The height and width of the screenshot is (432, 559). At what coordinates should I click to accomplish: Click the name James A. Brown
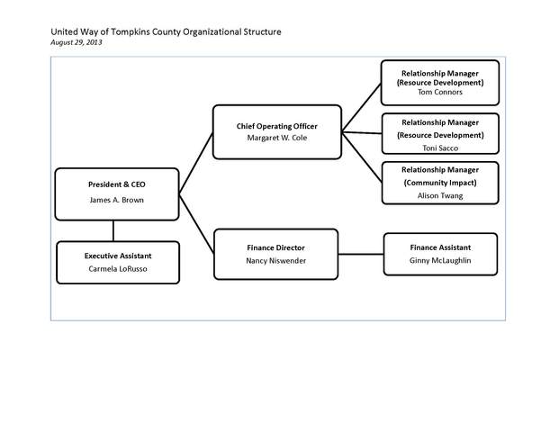coord(117,200)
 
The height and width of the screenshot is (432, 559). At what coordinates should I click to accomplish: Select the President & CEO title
coord(117,184)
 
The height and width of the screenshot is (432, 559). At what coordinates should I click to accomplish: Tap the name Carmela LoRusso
coord(117,269)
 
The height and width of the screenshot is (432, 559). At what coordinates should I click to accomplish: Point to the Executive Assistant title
coord(117,256)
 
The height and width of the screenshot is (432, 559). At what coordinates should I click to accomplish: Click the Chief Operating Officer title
coord(276,125)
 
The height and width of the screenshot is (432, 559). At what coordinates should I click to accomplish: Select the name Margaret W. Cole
coord(276,139)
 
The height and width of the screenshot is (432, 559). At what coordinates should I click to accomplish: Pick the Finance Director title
coord(276,247)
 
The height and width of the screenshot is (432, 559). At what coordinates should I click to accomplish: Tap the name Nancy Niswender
coord(276,261)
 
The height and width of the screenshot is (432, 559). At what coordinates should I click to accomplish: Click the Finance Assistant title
coord(440,247)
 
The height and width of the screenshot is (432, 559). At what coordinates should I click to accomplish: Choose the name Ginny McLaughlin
coord(440,261)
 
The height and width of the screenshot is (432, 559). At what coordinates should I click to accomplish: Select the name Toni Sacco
coord(440,148)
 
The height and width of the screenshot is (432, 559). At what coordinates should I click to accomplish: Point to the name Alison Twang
coord(440,195)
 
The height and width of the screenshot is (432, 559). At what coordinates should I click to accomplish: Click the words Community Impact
coord(440,183)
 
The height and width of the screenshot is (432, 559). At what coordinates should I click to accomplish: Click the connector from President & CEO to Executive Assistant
coord(113,229)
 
